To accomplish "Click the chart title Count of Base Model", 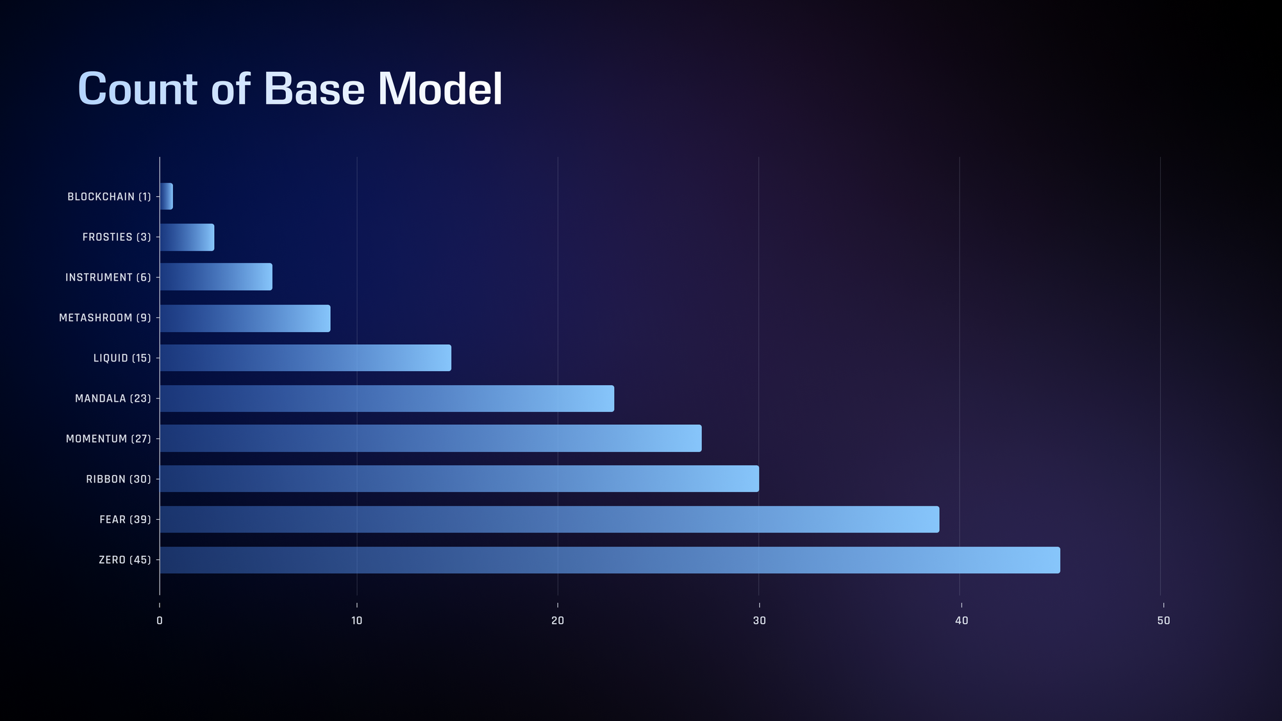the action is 290,88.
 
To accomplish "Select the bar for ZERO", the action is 610,560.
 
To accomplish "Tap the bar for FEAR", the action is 549,519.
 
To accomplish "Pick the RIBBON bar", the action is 459,479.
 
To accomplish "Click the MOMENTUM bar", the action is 431,438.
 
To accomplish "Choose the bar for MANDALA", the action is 387,398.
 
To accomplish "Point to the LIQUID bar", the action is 305,358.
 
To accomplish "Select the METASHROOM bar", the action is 245,318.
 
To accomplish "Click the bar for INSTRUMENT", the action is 216,277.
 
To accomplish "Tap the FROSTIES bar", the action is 187,237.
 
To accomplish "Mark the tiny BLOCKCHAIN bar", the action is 166,196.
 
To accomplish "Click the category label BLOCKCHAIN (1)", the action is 109,197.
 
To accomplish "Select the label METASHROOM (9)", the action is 105,318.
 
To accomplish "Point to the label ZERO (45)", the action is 125,560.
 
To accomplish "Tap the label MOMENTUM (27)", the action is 108,439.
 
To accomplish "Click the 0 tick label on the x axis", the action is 160,620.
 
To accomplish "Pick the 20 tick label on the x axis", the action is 558,620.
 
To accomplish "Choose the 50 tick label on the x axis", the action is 1163,620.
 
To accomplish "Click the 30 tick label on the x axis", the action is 760,620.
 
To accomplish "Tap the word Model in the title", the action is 440,88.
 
